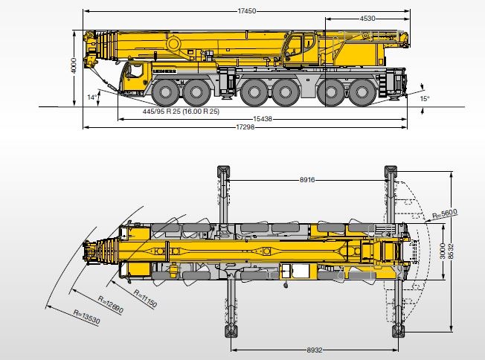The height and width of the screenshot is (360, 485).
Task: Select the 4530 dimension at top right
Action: click(x=367, y=18)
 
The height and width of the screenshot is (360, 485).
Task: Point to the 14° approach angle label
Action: click(x=91, y=97)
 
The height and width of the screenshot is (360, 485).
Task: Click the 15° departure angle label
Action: click(x=424, y=98)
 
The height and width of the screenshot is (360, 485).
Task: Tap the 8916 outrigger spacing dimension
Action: click(x=311, y=179)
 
